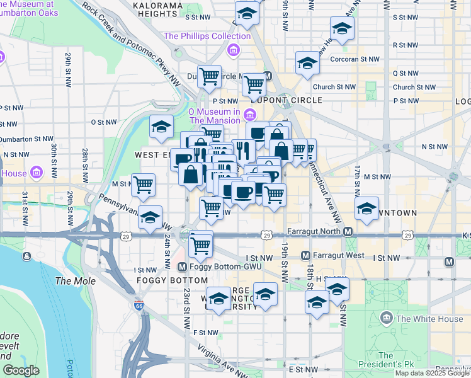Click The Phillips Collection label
point(207,36)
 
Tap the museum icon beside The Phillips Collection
point(234,50)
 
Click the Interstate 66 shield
point(139,306)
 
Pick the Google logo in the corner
point(21,370)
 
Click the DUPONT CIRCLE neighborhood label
point(287,100)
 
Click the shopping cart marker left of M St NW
point(144,185)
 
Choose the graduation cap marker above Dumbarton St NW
point(161,127)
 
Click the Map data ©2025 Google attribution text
point(432,373)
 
